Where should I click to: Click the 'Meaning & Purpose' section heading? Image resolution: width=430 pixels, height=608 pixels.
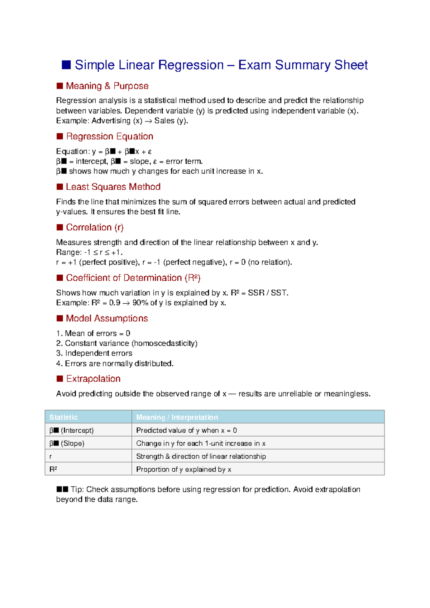(107, 86)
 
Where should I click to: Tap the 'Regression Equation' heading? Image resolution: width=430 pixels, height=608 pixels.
(109, 137)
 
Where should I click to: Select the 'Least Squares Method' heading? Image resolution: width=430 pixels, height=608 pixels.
(113, 187)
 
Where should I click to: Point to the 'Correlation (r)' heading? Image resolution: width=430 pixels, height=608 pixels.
(95, 228)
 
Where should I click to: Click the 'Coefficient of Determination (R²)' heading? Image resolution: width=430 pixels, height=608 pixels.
(133, 278)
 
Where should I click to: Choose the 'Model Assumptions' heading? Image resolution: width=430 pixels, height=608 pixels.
(107, 318)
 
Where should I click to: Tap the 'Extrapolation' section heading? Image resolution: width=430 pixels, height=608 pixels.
(93, 379)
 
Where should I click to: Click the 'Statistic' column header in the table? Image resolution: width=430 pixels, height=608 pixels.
(63, 417)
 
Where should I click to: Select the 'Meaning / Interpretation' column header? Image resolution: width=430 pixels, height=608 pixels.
(177, 417)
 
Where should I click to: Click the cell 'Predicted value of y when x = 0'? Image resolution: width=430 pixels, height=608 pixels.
(186, 431)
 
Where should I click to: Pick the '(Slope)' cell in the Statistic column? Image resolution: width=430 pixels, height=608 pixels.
(72, 443)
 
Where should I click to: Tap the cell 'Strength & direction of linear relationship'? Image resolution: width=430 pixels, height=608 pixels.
(201, 456)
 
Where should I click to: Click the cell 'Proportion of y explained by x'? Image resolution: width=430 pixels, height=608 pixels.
(183, 470)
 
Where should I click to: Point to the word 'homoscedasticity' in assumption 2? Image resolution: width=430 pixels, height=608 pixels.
(164, 343)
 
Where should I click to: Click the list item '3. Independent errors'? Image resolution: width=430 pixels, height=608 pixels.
(94, 353)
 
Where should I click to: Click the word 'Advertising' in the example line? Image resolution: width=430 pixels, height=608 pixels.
(111, 121)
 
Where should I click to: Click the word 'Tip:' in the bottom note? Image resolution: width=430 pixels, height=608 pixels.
(77, 490)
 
